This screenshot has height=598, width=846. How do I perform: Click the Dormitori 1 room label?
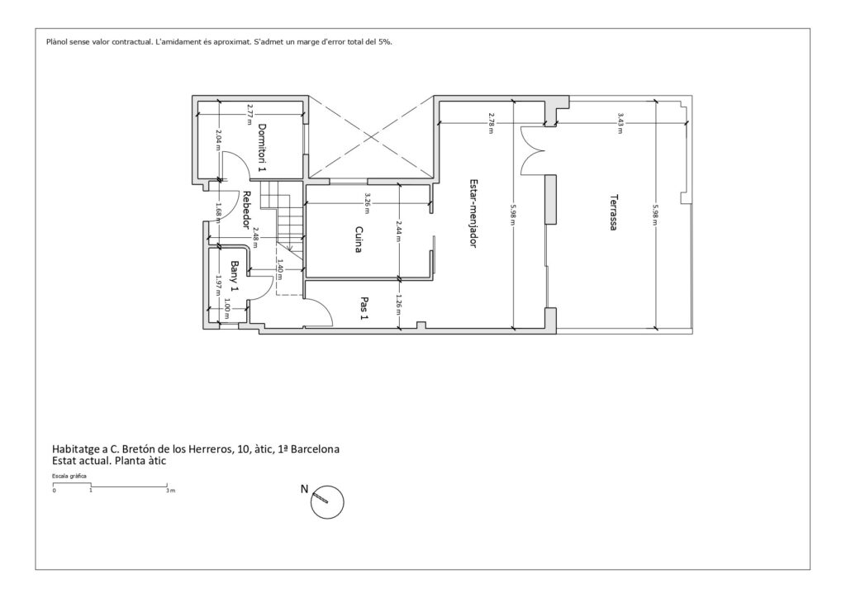pyautogui.click(x=262, y=148)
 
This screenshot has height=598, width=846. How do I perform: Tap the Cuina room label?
pyautogui.click(x=359, y=240)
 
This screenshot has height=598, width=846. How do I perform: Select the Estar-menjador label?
pyautogui.click(x=473, y=214)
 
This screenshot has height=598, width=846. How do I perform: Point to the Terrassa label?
pyautogui.click(x=614, y=212)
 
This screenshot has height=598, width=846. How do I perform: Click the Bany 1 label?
pyautogui.click(x=235, y=277)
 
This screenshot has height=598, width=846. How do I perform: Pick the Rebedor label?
pyautogui.click(x=246, y=211)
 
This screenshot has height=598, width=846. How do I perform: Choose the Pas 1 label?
pyautogui.click(x=364, y=308)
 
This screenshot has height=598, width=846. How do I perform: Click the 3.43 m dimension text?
pyautogui.click(x=620, y=123)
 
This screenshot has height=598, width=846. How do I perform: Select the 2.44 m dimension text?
pyautogui.click(x=399, y=230)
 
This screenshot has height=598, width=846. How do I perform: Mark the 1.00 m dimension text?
pyautogui.click(x=226, y=309)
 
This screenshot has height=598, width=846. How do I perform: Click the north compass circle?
pyautogui.click(x=327, y=486)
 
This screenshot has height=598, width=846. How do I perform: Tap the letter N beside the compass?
pyautogui.click(x=304, y=489)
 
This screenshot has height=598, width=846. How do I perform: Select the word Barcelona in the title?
pyautogui.click(x=315, y=448)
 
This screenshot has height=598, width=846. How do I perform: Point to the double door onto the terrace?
pyautogui.click(x=531, y=150)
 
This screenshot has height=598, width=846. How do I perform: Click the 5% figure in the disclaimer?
pyautogui.click(x=385, y=41)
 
